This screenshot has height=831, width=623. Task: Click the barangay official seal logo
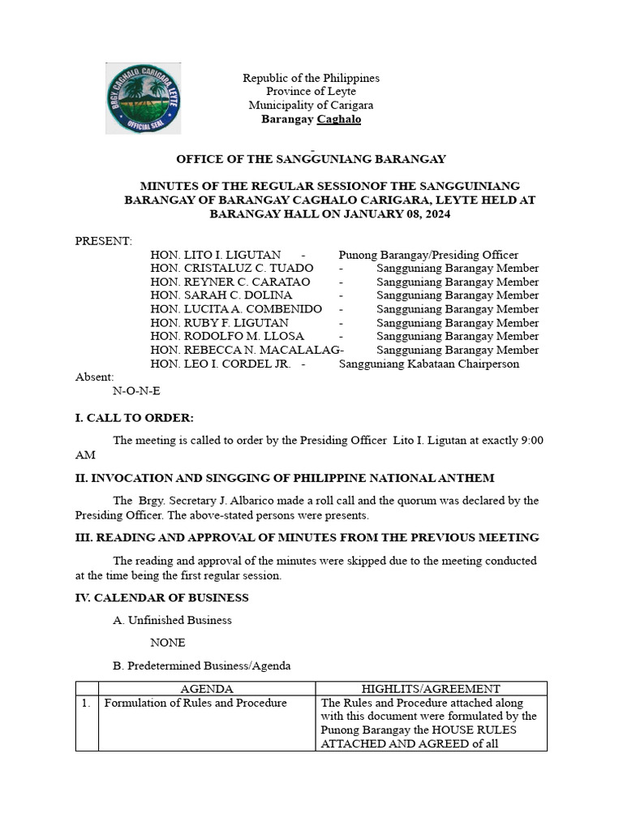click(144, 98)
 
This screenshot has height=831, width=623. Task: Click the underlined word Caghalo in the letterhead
click(338, 119)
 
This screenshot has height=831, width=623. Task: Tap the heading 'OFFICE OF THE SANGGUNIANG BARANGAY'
click(311, 159)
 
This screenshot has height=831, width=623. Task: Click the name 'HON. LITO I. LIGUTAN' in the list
click(216, 255)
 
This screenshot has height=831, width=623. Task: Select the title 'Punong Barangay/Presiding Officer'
click(428, 255)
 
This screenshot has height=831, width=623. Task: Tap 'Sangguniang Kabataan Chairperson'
click(428, 364)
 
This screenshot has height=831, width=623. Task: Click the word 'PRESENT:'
click(104, 241)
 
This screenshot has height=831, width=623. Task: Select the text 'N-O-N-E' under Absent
click(136, 390)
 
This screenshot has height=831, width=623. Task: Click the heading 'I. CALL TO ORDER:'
click(135, 418)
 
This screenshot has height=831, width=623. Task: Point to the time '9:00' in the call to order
click(531, 440)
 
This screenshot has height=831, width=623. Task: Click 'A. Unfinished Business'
click(172, 620)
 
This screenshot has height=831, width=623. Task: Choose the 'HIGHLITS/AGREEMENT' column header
click(431, 689)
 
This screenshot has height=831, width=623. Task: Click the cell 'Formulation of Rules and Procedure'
click(195, 703)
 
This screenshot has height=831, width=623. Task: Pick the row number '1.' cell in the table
click(86, 703)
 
